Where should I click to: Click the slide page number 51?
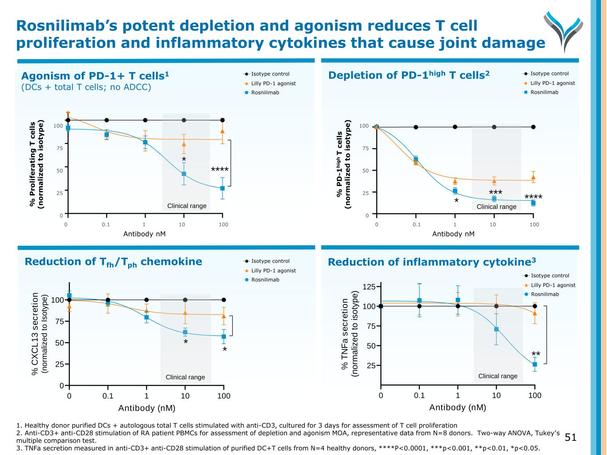(x=571, y=438)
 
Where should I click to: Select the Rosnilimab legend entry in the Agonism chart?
(x=265, y=92)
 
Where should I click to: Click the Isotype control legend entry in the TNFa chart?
(x=550, y=275)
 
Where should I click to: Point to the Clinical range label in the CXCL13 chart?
(x=185, y=377)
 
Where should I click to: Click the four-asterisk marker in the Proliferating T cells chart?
(x=220, y=170)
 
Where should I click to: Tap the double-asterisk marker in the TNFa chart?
(x=536, y=354)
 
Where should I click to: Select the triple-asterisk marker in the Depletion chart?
(x=495, y=192)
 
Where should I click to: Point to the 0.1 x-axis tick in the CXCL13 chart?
(x=108, y=395)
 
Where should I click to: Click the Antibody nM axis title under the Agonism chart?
(x=145, y=234)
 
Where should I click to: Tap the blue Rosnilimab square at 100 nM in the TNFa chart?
(x=535, y=364)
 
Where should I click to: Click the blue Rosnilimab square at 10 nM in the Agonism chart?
(x=184, y=174)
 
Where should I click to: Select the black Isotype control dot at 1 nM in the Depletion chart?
(x=455, y=127)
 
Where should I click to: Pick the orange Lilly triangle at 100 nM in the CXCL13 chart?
(x=224, y=316)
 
